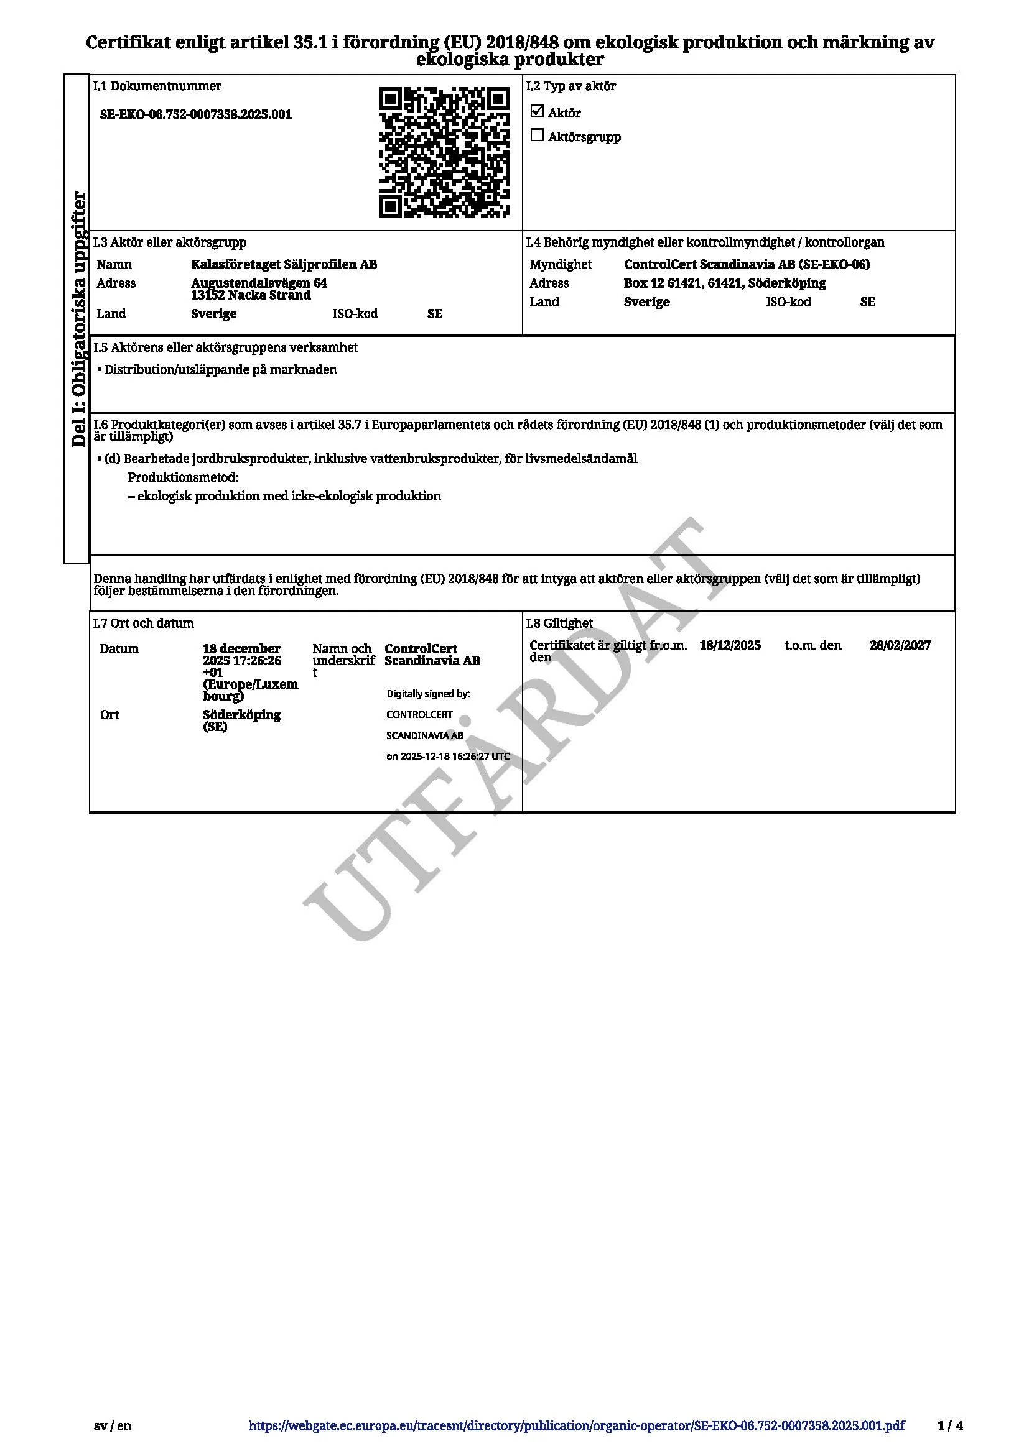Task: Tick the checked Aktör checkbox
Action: pos(537,111)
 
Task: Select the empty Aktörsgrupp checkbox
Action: pos(537,136)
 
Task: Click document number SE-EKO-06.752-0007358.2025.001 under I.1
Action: pos(196,114)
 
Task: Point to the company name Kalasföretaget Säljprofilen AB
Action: pos(284,265)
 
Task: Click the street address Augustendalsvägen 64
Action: pos(259,283)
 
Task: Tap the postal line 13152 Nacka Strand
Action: pos(251,295)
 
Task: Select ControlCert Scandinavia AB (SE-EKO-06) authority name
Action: pos(747,265)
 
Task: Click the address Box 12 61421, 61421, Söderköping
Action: pos(724,283)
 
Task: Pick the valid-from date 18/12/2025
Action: pos(730,645)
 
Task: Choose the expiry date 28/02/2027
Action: pos(900,645)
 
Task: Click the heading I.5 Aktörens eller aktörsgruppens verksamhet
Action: pos(226,347)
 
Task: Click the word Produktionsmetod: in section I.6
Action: pos(183,477)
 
